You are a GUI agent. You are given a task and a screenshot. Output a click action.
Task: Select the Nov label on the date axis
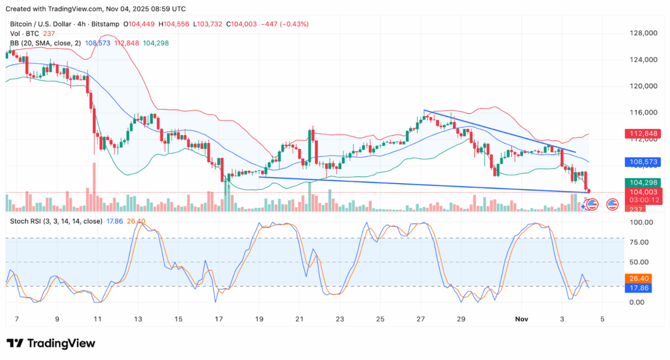[521, 319]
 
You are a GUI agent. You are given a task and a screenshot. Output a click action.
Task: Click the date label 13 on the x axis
[138, 319]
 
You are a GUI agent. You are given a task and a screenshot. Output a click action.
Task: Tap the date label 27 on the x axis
[420, 319]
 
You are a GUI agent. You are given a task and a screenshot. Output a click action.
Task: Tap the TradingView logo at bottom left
[51, 343]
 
